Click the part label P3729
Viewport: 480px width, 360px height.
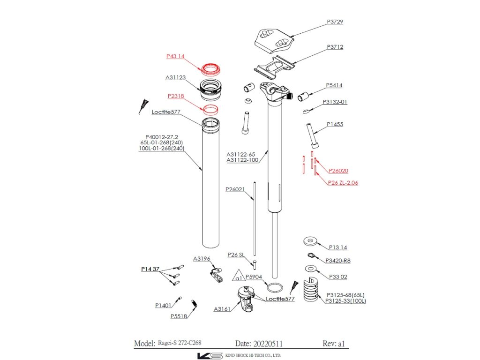click(x=335, y=22)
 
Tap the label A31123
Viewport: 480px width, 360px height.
click(x=175, y=77)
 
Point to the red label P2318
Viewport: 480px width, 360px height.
click(x=175, y=96)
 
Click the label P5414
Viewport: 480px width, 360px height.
click(x=334, y=85)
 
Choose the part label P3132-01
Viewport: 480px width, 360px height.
click(x=335, y=102)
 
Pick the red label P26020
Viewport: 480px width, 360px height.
click(x=338, y=171)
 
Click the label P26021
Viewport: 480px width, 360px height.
click(x=235, y=189)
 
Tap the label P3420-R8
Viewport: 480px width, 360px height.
click(x=337, y=261)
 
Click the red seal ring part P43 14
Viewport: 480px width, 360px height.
click(x=211, y=69)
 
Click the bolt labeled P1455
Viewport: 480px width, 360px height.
click(x=311, y=135)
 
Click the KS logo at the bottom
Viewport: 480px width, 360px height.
click(x=210, y=355)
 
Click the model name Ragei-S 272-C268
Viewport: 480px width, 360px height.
click(x=180, y=343)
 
